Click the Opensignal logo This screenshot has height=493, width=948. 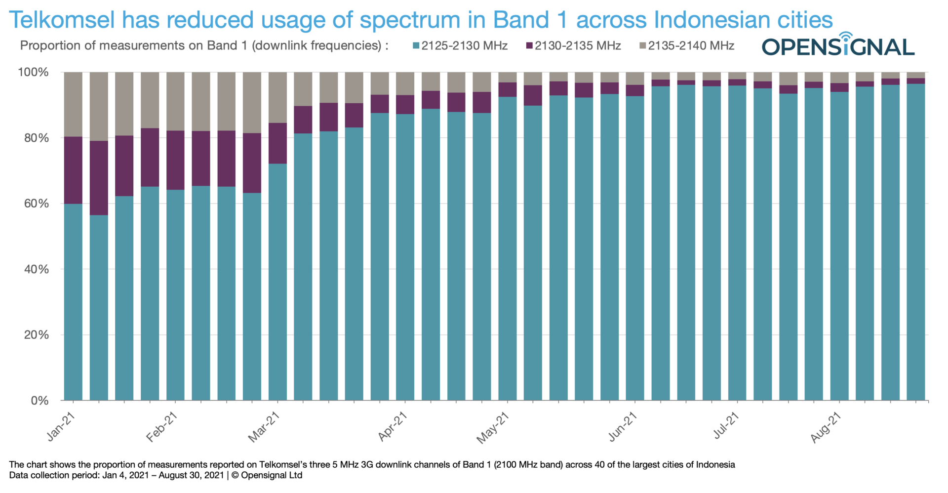[x=838, y=46]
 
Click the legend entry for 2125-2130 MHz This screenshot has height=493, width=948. [x=460, y=46]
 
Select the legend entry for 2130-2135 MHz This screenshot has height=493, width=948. [x=573, y=46]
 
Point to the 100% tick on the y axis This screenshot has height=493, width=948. [x=34, y=73]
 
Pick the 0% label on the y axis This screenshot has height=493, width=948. [x=39, y=401]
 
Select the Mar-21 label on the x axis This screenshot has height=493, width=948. [x=264, y=427]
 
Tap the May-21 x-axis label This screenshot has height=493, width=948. [x=493, y=428]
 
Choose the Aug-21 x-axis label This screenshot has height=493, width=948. [x=826, y=427]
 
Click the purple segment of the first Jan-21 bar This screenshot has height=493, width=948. [x=73, y=170]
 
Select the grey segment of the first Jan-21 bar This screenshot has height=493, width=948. [x=73, y=104]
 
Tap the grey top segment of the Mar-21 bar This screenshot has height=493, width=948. [x=277, y=97]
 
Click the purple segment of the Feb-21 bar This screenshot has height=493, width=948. [x=175, y=160]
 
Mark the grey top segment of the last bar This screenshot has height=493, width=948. [x=916, y=75]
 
